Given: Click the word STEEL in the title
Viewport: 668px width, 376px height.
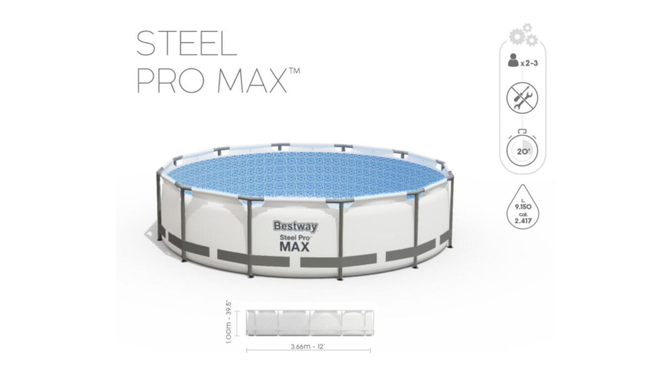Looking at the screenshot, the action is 187,44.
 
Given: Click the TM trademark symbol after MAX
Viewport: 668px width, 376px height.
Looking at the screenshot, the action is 294,71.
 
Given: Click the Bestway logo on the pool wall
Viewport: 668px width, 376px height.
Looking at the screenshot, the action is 296,227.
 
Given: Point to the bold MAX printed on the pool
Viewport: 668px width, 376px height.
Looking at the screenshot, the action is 295,247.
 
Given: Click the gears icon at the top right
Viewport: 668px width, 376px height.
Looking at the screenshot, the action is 523,35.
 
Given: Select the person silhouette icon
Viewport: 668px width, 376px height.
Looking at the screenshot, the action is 513,60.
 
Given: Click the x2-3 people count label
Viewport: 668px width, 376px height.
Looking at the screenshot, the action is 530,64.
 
